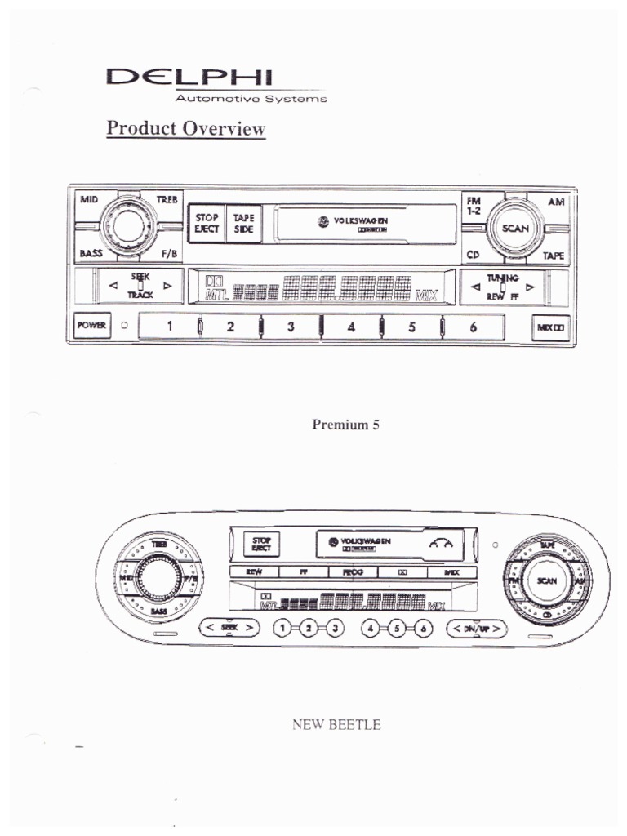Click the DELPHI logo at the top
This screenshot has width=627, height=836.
pyautogui.click(x=191, y=78)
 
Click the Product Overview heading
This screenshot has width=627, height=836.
pyautogui.click(x=186, y=129)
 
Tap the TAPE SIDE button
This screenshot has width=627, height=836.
pyautogui.click(x=243, y=224)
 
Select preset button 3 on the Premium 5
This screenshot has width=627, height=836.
pyautogui.click(x=290, y=327)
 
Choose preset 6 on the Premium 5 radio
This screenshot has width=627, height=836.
pyautogui.click(x=473, y=327)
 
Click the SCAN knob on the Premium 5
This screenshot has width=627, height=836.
pyautogui.click(x=514, y=229)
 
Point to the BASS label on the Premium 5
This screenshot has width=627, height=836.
pyautogui.click(x=91, y=253)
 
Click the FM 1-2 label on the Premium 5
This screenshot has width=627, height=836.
pyautogui.click(x=474, y=204)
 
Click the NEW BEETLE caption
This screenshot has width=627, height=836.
pyautogui.click(x=336, y=724)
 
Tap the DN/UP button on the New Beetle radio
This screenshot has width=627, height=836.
pyautogui.click(x=476, y=628)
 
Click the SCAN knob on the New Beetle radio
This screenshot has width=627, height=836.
pyautogui.click(x=545, y=580)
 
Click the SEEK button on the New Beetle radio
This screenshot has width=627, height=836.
pyautogui.click(x=229, y=628)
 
